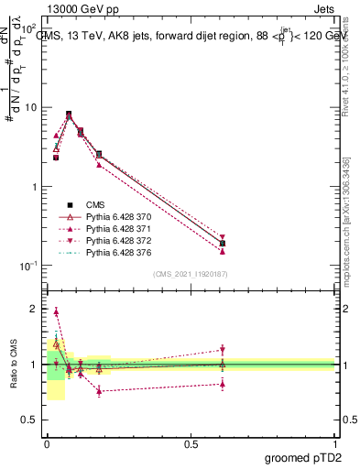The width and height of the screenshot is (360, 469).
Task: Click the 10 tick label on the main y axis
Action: [x=31, y=107]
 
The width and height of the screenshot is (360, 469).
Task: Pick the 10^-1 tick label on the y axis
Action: [x=29, y=266]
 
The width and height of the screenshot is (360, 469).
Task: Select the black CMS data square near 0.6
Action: [x=223, y=244]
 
